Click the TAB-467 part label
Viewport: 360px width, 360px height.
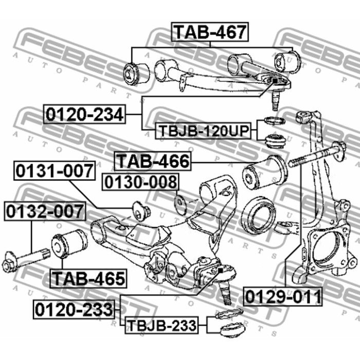pyautogui.click(x=210, y=32)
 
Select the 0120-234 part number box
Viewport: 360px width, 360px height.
pyautogui.click(x=84, y=114)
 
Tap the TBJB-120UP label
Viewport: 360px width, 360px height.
pyautogui.click(x=203, y=131)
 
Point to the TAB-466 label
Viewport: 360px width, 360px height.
pyautogui.click(x=153, y=161)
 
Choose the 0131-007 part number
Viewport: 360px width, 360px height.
pyautogui.click(x=55, y=171)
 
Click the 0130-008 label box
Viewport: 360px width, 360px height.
pyautogui.click(x=140, y=182)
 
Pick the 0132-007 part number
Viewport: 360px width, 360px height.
pyautogui.click(x=45, y=211)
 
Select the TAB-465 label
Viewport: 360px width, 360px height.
pyautogui.click(x=88, y=279)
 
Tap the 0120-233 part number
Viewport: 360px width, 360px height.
pyautogui.click(x=74, y=309)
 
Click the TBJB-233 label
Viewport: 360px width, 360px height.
pyautogui.click(x=161, y=325)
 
